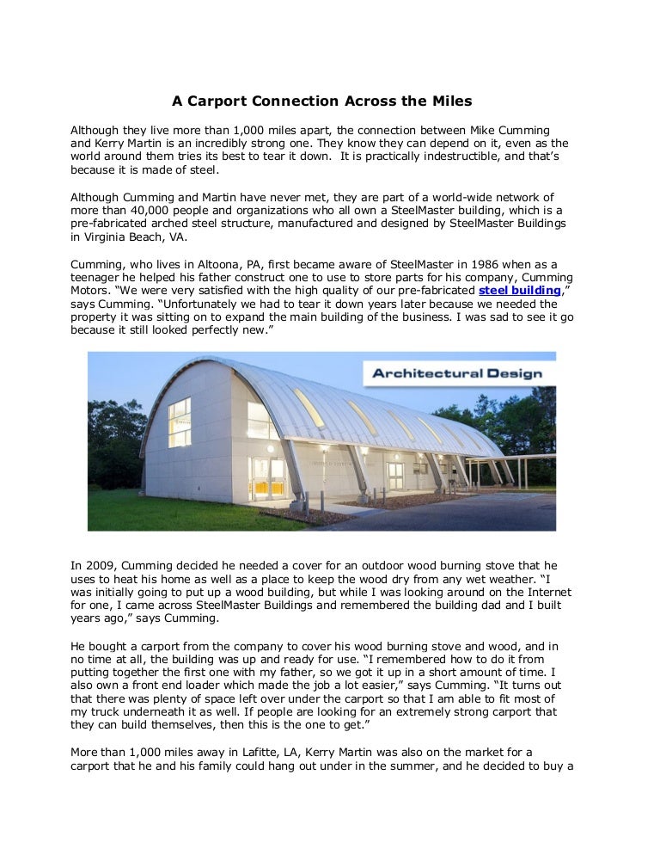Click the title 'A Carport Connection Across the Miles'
(321, 101)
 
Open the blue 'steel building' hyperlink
(518, 292)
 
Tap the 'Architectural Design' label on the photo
(456, 373)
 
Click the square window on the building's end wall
(180, 421)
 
